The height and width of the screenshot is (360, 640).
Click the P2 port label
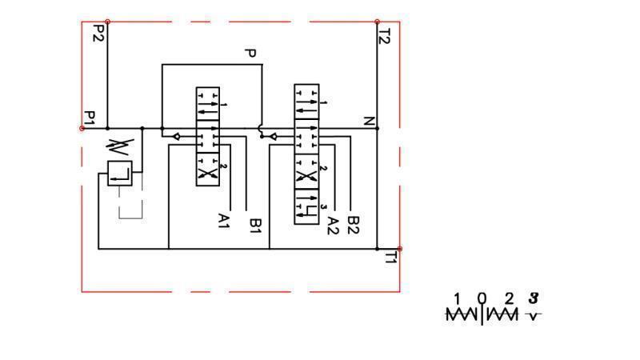(98, 34)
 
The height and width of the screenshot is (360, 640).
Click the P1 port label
(90, 118)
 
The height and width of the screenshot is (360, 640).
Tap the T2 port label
(384, 36)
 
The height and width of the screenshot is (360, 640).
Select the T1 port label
(390, 258)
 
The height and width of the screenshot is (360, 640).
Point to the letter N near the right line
(369, 121)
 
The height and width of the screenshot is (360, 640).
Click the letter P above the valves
(250, 54)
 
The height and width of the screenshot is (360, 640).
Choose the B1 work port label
(255, 226)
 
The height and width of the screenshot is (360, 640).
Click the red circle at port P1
(82, 128)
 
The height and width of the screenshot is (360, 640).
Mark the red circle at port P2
(107, 22)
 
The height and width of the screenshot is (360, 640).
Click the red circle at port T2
(377, 22)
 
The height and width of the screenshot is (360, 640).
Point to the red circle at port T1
(399, 249)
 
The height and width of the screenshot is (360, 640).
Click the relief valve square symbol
(119, 173)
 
